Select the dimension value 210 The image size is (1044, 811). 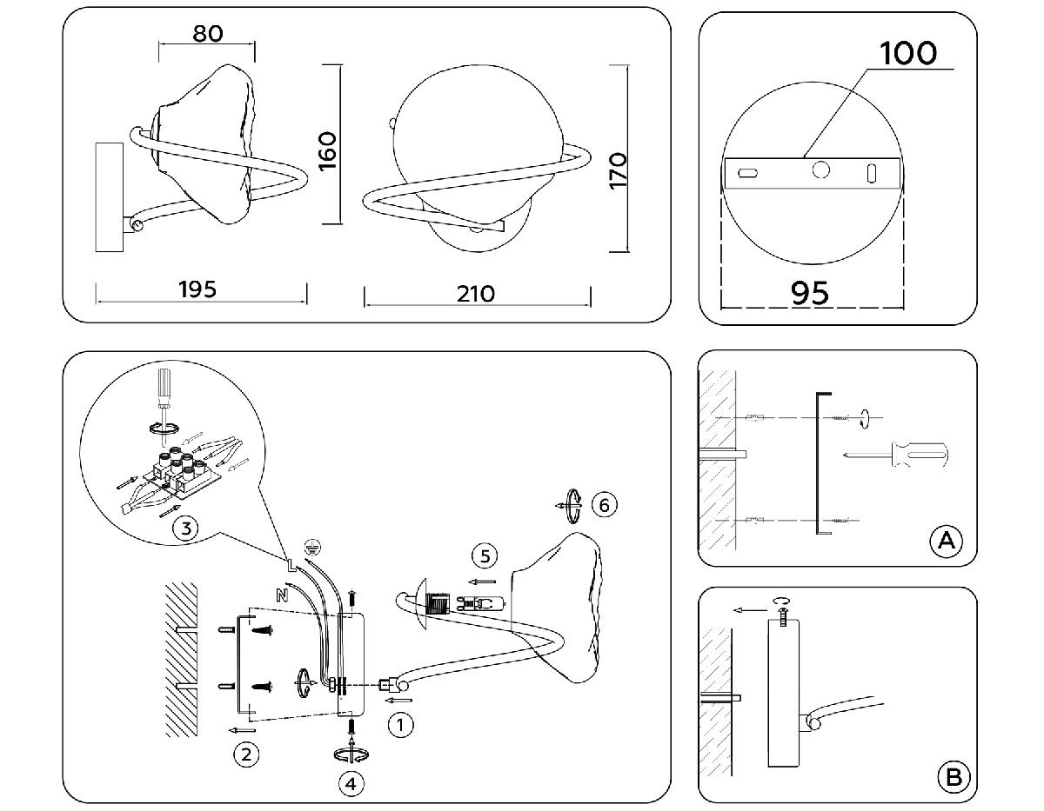pos(475,294)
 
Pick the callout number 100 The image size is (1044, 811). pos(908,53)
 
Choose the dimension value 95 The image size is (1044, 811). pos(810,294)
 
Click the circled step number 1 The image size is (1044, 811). pos(400,724)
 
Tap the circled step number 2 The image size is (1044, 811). pos(247,754)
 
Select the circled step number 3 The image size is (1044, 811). pos(183,526)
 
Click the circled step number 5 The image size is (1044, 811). pos(485,554)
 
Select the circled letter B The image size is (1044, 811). pos(953,776)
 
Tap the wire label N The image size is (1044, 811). pos(281,595)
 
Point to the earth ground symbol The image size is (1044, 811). pos(307,547)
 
